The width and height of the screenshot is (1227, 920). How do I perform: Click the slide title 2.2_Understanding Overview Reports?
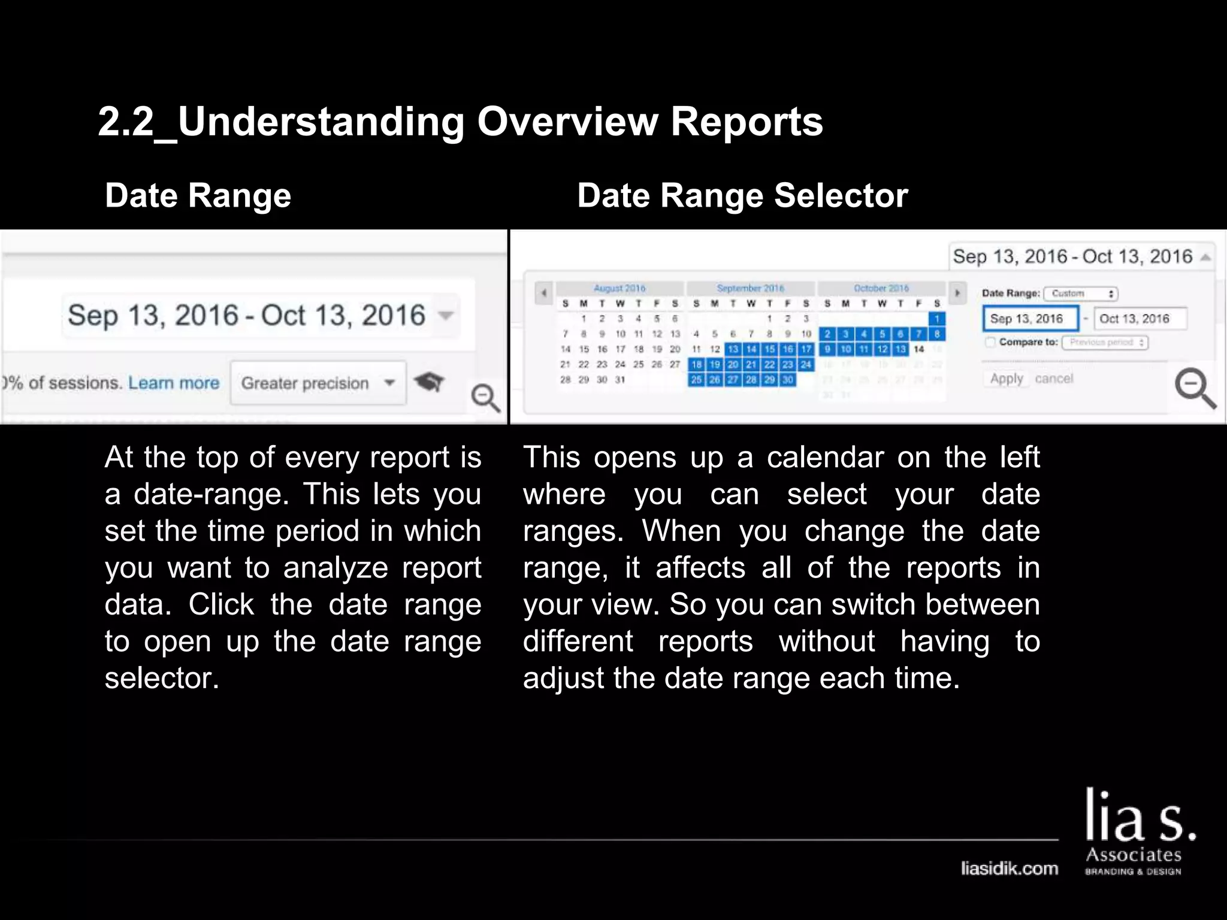point(460,122)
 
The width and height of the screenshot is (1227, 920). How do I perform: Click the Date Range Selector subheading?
point(742,196)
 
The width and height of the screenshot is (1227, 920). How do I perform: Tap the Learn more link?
point(174,383)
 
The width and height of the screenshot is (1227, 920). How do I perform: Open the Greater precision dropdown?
point(318,383)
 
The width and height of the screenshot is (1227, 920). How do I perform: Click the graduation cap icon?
point(429,381)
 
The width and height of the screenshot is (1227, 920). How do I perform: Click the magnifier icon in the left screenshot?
point(485,398)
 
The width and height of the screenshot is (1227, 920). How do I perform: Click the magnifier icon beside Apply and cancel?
point(1195,388)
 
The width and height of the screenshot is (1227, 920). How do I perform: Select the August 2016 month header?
point(619,288)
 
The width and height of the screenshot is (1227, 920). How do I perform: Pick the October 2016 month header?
point(881,288)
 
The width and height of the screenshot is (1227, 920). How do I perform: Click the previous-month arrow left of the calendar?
point(543,293)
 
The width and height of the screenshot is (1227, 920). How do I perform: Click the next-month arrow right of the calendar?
point(957,293)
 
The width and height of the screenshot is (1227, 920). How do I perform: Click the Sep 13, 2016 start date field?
point(1029,319)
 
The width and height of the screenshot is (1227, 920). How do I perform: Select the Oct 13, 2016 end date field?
point(1140,319)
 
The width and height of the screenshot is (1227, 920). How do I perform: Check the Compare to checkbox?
point(990,342)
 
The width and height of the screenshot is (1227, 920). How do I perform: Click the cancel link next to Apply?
point(1054,379)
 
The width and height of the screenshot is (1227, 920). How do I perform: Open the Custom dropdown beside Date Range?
point(1081,293)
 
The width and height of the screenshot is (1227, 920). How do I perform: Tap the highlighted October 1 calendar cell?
point(937,319)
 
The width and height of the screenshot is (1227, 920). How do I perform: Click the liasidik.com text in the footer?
point(1010,868)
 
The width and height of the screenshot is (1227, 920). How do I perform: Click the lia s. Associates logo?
point(1138,833)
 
